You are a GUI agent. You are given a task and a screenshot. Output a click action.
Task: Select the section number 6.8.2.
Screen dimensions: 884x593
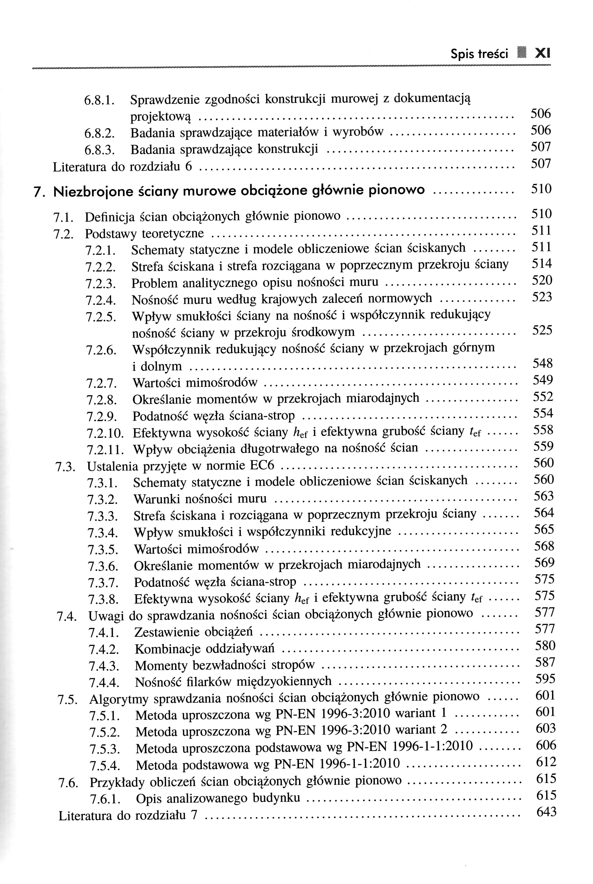pyautogui.click(x=99, y=133)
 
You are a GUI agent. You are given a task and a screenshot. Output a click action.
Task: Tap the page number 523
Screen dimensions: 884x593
pyautogui.click(x=542, y=297)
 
